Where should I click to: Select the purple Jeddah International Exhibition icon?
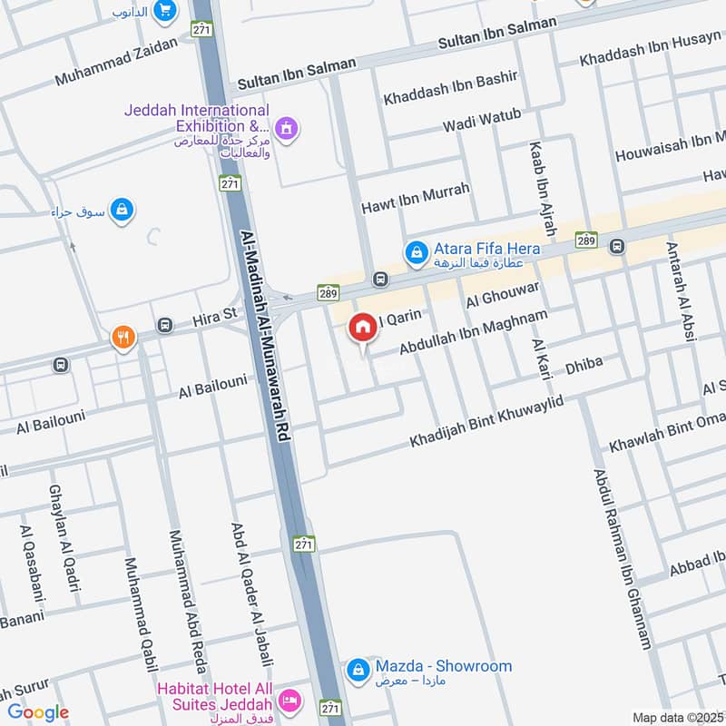click(x=287, y=128)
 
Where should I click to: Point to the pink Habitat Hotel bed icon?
click(x=290, y=701)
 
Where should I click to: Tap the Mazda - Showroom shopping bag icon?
click(x=358, y=669)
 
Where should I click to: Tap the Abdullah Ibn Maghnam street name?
click(x=474, y=333)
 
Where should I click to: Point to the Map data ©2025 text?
click(x=678, y=717)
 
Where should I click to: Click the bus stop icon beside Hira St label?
click(x=164, y=325)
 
